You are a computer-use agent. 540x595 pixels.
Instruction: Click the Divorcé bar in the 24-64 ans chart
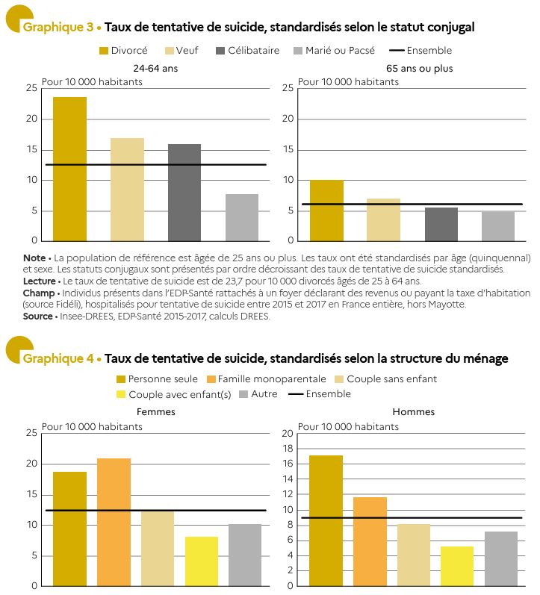pos(69,169)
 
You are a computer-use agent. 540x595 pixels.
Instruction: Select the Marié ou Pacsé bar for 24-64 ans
pos(242,217)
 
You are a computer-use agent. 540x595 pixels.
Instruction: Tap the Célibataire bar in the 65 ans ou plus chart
pos(441,224)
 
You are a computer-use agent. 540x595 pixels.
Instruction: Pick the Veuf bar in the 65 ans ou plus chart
pos(384,219)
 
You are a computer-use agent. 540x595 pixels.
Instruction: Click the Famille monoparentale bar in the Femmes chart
pos(114,522)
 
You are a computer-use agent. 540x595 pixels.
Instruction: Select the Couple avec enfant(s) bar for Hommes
pos(457,566)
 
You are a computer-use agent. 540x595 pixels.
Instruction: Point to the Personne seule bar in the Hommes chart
pos(326,520)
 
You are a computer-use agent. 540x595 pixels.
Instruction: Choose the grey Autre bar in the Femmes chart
pos(245,555)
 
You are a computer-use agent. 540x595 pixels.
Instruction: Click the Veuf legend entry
pos(181,51)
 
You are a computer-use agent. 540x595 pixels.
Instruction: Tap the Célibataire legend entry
pos(248,51)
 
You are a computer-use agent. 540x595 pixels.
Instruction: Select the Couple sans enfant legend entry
pos(386,379)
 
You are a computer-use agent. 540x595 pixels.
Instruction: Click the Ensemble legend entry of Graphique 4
pos(320,394)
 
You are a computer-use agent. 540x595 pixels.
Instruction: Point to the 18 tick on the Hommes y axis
pos(288,449)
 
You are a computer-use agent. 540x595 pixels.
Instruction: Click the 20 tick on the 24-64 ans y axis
pos(32,119)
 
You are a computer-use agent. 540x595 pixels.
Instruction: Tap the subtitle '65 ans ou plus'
pos(419,68)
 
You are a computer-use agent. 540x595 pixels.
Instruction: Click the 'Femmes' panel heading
pos(155,411)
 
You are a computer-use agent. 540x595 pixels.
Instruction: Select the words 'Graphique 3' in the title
pos(58,27)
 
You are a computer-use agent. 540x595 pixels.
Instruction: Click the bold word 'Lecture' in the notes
pos(39,281)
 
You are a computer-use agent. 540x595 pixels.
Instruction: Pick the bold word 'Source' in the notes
pos(37,316)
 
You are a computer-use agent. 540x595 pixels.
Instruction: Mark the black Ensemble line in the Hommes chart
pos(412,517)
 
